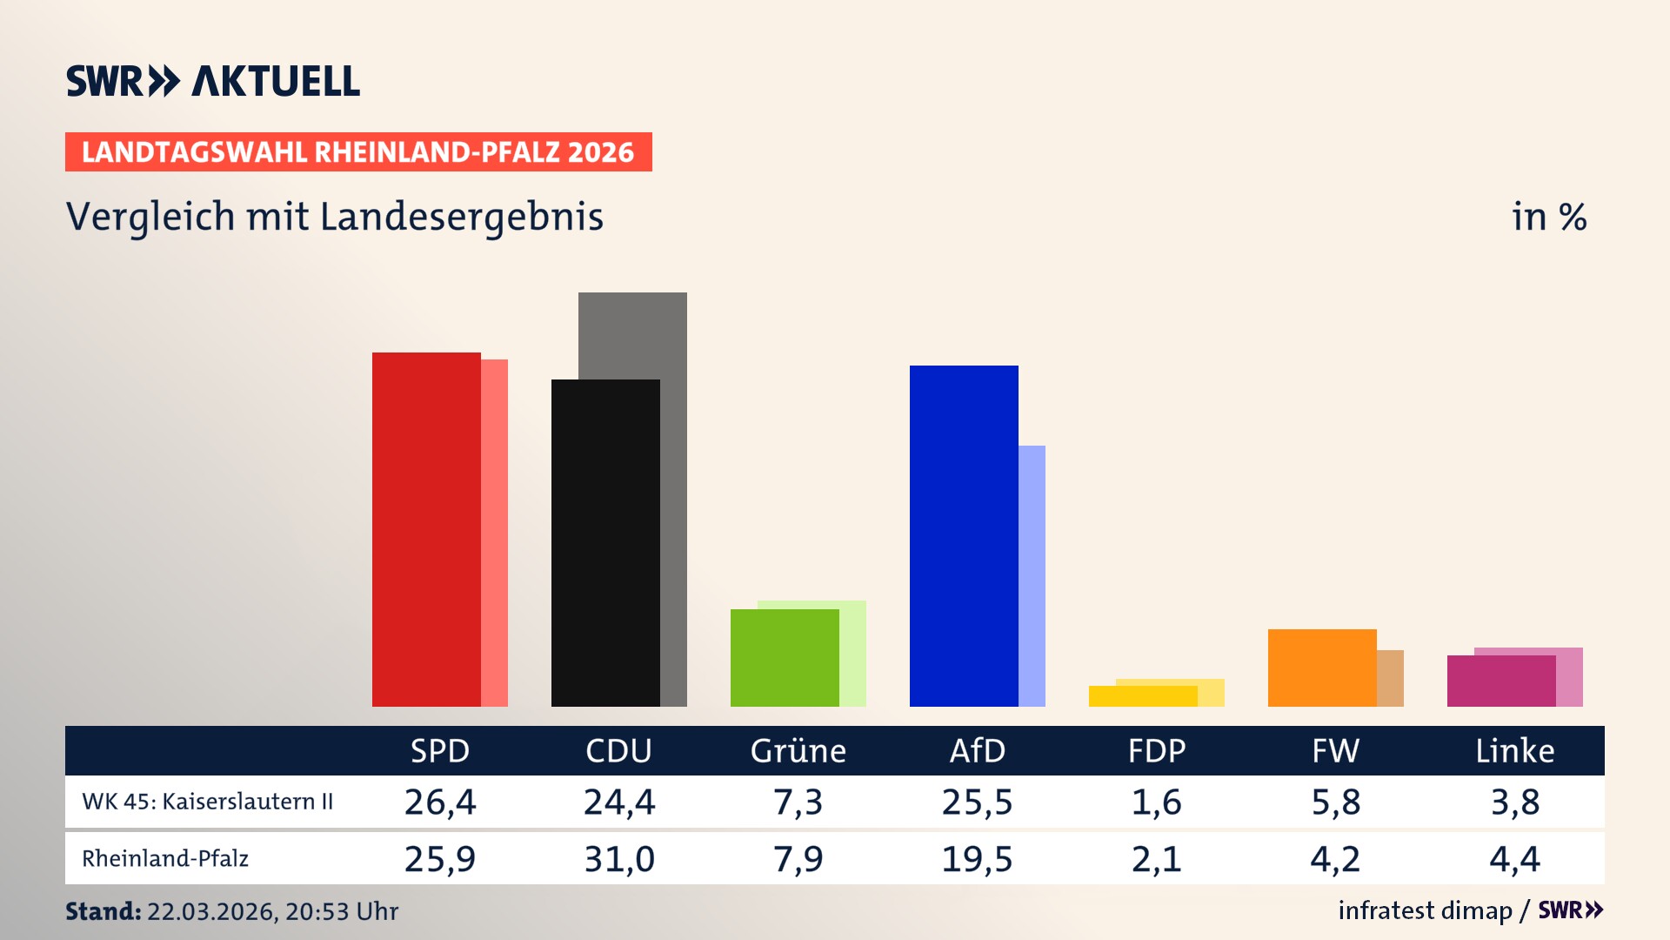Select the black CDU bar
pyautogui.click(x=605, y=543)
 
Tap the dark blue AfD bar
pyautogui.click(x=964, y=536)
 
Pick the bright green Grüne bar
pyautogui.click(x=785, y=658)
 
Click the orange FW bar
pyautogui.click(x=1322, y=668)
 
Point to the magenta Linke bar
pyautogui.click(x=1501, y=681)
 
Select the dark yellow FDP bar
pyautogui.click(x=1143, y=696)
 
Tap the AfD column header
pyautogui.click(x=977, y=750)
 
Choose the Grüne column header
pyautogui.click(x=798, y=750)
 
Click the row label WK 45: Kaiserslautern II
pyautogui.click(x=207, y=802)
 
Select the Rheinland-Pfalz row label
pyautogui.click(x=165, y=859)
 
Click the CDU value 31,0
pyautogui.click(x=618, y=859)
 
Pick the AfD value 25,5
pyautogui.click(x=977, y=802)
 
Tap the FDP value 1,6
pyautogui.click(x=1156, y=802)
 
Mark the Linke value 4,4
pyautogui.click(x=1514, y=859)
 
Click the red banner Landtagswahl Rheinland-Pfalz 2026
pyautogui.click(x=358, y=152)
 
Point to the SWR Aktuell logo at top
pyautogui.click(x=213, y=81)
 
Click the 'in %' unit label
pyautogui.click(x=1549, y=217)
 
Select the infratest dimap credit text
pyautogui.click(x=1425, y=910)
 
